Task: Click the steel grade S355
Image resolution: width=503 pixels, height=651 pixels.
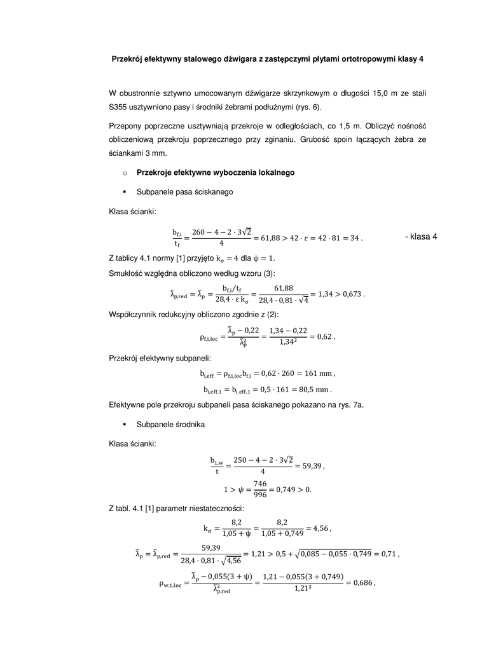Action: pos(119,107)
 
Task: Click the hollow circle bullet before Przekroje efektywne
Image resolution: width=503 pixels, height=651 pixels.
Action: pos(125,173)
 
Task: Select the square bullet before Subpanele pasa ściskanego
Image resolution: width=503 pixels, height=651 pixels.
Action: pos(125,191)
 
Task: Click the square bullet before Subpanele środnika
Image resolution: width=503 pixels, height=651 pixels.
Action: pos(125,423)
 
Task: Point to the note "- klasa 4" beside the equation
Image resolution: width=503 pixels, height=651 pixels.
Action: pos(421,237)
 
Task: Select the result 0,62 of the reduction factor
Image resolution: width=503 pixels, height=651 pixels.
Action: pos(322,336)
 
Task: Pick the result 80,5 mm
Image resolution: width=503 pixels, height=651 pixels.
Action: pos(318,389)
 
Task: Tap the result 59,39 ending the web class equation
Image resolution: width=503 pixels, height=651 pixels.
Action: pos(310,465)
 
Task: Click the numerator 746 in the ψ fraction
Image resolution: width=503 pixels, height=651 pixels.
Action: pos(259,484)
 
